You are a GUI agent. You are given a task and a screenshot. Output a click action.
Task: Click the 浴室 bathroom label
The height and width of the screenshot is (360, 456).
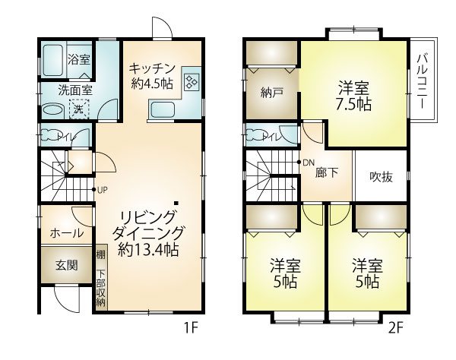(x=79, y=60)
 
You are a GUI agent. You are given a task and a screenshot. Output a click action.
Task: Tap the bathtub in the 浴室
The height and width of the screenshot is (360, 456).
(x=53, y=60)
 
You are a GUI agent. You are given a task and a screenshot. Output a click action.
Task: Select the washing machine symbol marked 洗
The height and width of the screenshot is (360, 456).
(x=79, y=109)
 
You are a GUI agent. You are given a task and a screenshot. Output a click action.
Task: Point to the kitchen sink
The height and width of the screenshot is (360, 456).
(x=163, y=110)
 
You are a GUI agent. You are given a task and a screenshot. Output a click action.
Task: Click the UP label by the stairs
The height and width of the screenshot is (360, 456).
(x=103, y=191)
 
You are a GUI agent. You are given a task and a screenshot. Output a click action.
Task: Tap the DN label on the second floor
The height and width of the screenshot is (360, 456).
(x=309, y=163)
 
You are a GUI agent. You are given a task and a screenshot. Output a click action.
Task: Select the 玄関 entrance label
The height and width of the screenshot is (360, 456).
(x=67, y=265)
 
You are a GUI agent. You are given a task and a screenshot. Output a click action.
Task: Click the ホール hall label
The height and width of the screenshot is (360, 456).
(x=67, y=233)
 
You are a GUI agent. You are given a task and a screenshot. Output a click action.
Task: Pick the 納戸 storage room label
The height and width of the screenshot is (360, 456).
(x=272, y=93)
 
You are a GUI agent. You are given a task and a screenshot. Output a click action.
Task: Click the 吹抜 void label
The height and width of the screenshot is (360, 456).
(x=382, y=177)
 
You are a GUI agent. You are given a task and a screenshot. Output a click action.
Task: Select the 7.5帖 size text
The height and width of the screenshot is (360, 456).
(x=353, y=105)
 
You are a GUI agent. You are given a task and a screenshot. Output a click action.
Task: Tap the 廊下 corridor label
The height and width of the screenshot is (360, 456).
(x=327, y=173)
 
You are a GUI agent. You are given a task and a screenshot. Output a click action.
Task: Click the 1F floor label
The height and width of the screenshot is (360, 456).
(x=191, y=329)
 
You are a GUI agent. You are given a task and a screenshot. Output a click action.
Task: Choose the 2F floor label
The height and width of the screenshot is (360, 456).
(x=396, y=329)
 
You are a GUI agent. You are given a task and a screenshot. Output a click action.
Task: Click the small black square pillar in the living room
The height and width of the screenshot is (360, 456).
(x=176, y=203)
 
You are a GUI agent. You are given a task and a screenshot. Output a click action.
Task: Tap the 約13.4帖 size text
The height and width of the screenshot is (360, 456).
(x=148, y=250)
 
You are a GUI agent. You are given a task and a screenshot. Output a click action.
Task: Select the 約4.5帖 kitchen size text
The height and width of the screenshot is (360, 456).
(x=152, y=84)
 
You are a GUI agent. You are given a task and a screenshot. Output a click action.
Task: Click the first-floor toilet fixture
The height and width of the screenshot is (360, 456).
(x=49, y=135)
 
